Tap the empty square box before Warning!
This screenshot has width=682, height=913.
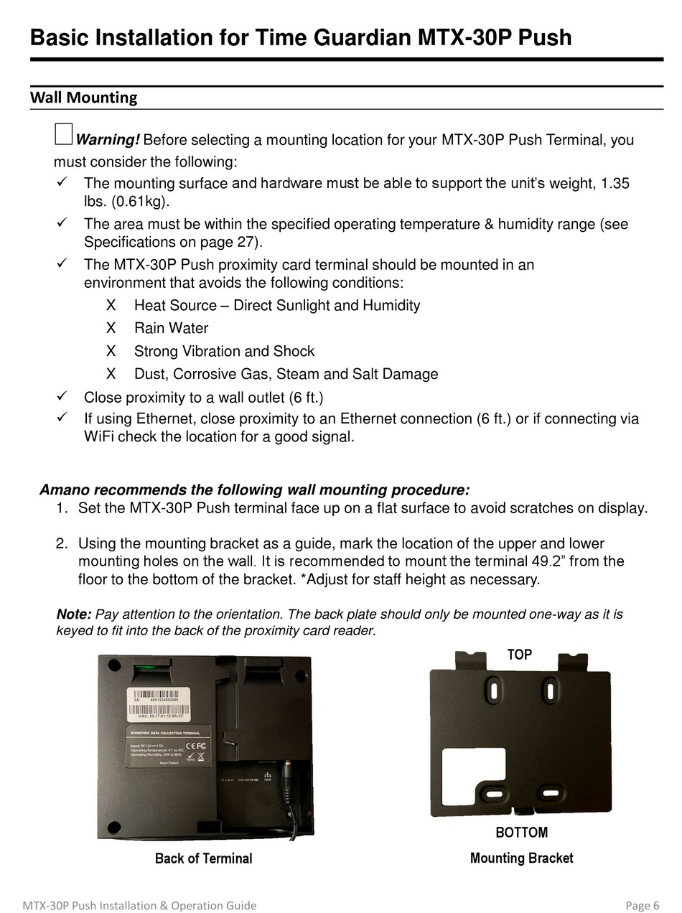(x=63, y=134)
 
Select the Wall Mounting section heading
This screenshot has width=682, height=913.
(x=83, y=98)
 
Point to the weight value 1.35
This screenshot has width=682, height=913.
(x=615, y=183)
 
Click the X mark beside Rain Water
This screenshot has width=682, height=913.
(x=111, y=328)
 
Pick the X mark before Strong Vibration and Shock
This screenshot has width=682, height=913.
(x=111, y=351)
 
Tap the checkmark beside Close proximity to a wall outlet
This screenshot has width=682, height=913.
(x=62, y=395)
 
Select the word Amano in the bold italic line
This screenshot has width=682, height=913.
(x=65, y=490)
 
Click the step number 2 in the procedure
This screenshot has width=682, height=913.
(x=61, y=544)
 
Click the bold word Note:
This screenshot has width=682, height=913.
(x=74, y=614)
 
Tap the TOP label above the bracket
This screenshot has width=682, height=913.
(x=520, y=655)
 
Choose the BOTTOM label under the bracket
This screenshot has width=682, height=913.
(x=521, y=833)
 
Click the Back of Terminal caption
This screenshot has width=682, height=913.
(x=203, y=858)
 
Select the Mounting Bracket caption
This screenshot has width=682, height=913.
(x=521, y=858)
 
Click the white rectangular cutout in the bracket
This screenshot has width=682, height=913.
(x=473, y=777)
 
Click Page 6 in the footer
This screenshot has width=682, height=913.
(x=642, y=905)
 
